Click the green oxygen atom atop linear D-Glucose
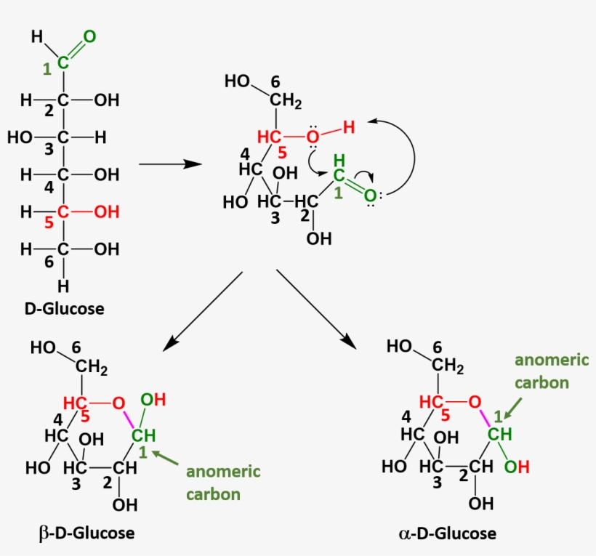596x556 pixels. tap(89, 36)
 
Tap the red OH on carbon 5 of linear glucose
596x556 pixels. tap(107, 212)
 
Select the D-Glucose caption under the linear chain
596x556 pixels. tap(64, 308)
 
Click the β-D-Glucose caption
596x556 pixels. tap(86, 533)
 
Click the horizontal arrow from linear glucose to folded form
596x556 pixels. tap(169, 164)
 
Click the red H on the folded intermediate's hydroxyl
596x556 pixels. tap(349, 127)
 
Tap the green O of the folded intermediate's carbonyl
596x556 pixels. tap(370, 196)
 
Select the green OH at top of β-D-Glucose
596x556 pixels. tap(153, 399)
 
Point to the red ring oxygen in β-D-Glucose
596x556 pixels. tap(118, 402)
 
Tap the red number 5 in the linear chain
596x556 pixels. tap(49, 223)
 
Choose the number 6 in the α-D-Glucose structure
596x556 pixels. tap(437, 348)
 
